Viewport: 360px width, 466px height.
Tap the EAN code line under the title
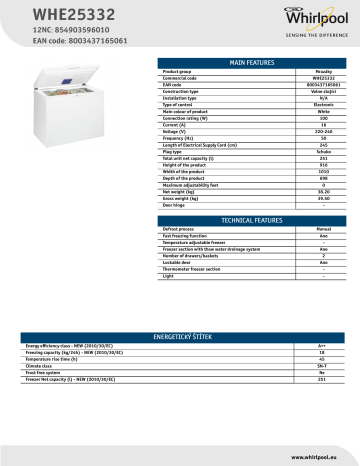pos(50,43)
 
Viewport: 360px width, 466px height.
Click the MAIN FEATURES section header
pos(252,62)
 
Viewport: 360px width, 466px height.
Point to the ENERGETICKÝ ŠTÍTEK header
pos(180,337)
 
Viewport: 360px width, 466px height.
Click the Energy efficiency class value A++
pos(323,345)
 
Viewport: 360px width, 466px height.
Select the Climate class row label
pos(41,369)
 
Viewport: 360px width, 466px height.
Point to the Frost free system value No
pos(323,375)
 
